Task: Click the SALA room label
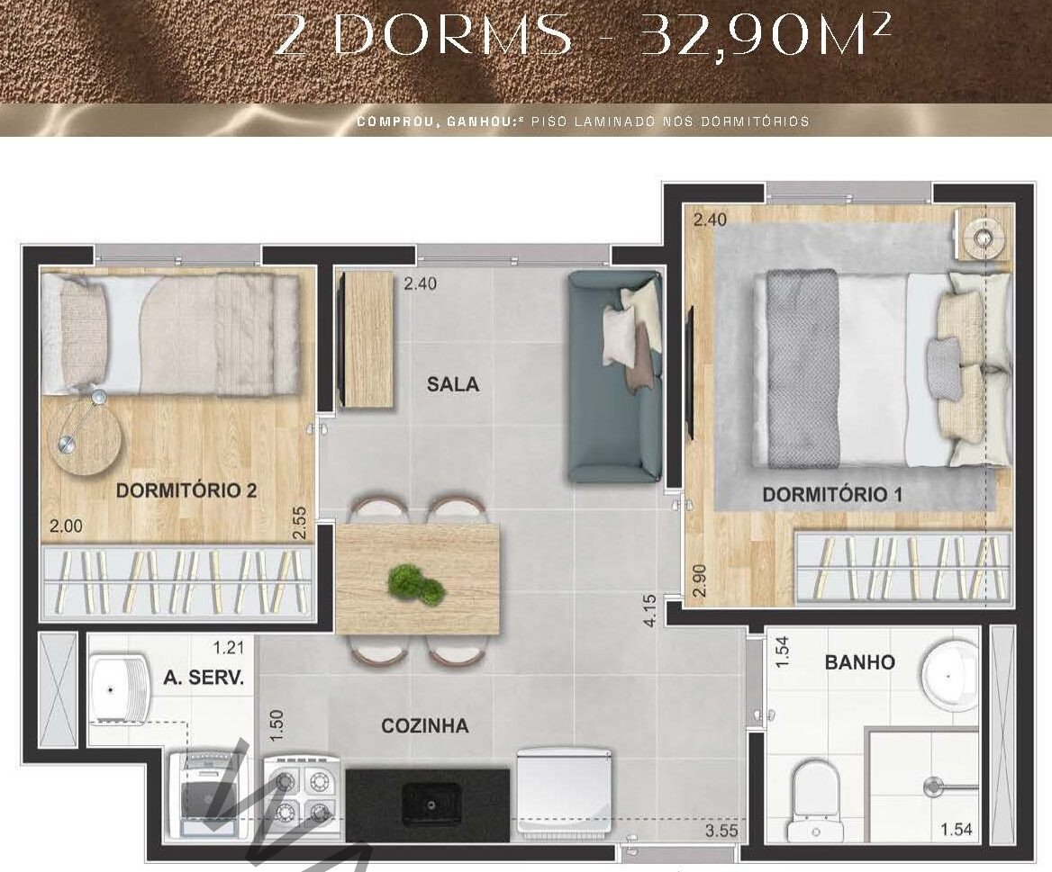pos(453,384)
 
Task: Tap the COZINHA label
pos(425,726)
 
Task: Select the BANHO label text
pos(859,663)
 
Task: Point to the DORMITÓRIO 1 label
pos(832,495)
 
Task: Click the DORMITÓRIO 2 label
pos(186,490)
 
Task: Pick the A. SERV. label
pos(204,677)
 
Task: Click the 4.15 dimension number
pos(649,611)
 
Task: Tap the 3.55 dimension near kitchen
pos(721,832)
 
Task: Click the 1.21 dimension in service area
pos(229,647)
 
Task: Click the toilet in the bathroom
pos(815,800)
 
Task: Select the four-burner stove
pos(302,797)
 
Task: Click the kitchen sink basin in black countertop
pos(431,803)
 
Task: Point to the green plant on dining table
pos(417,584)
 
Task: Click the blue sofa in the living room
pos(615,377)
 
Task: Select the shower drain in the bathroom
pos(932,787)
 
